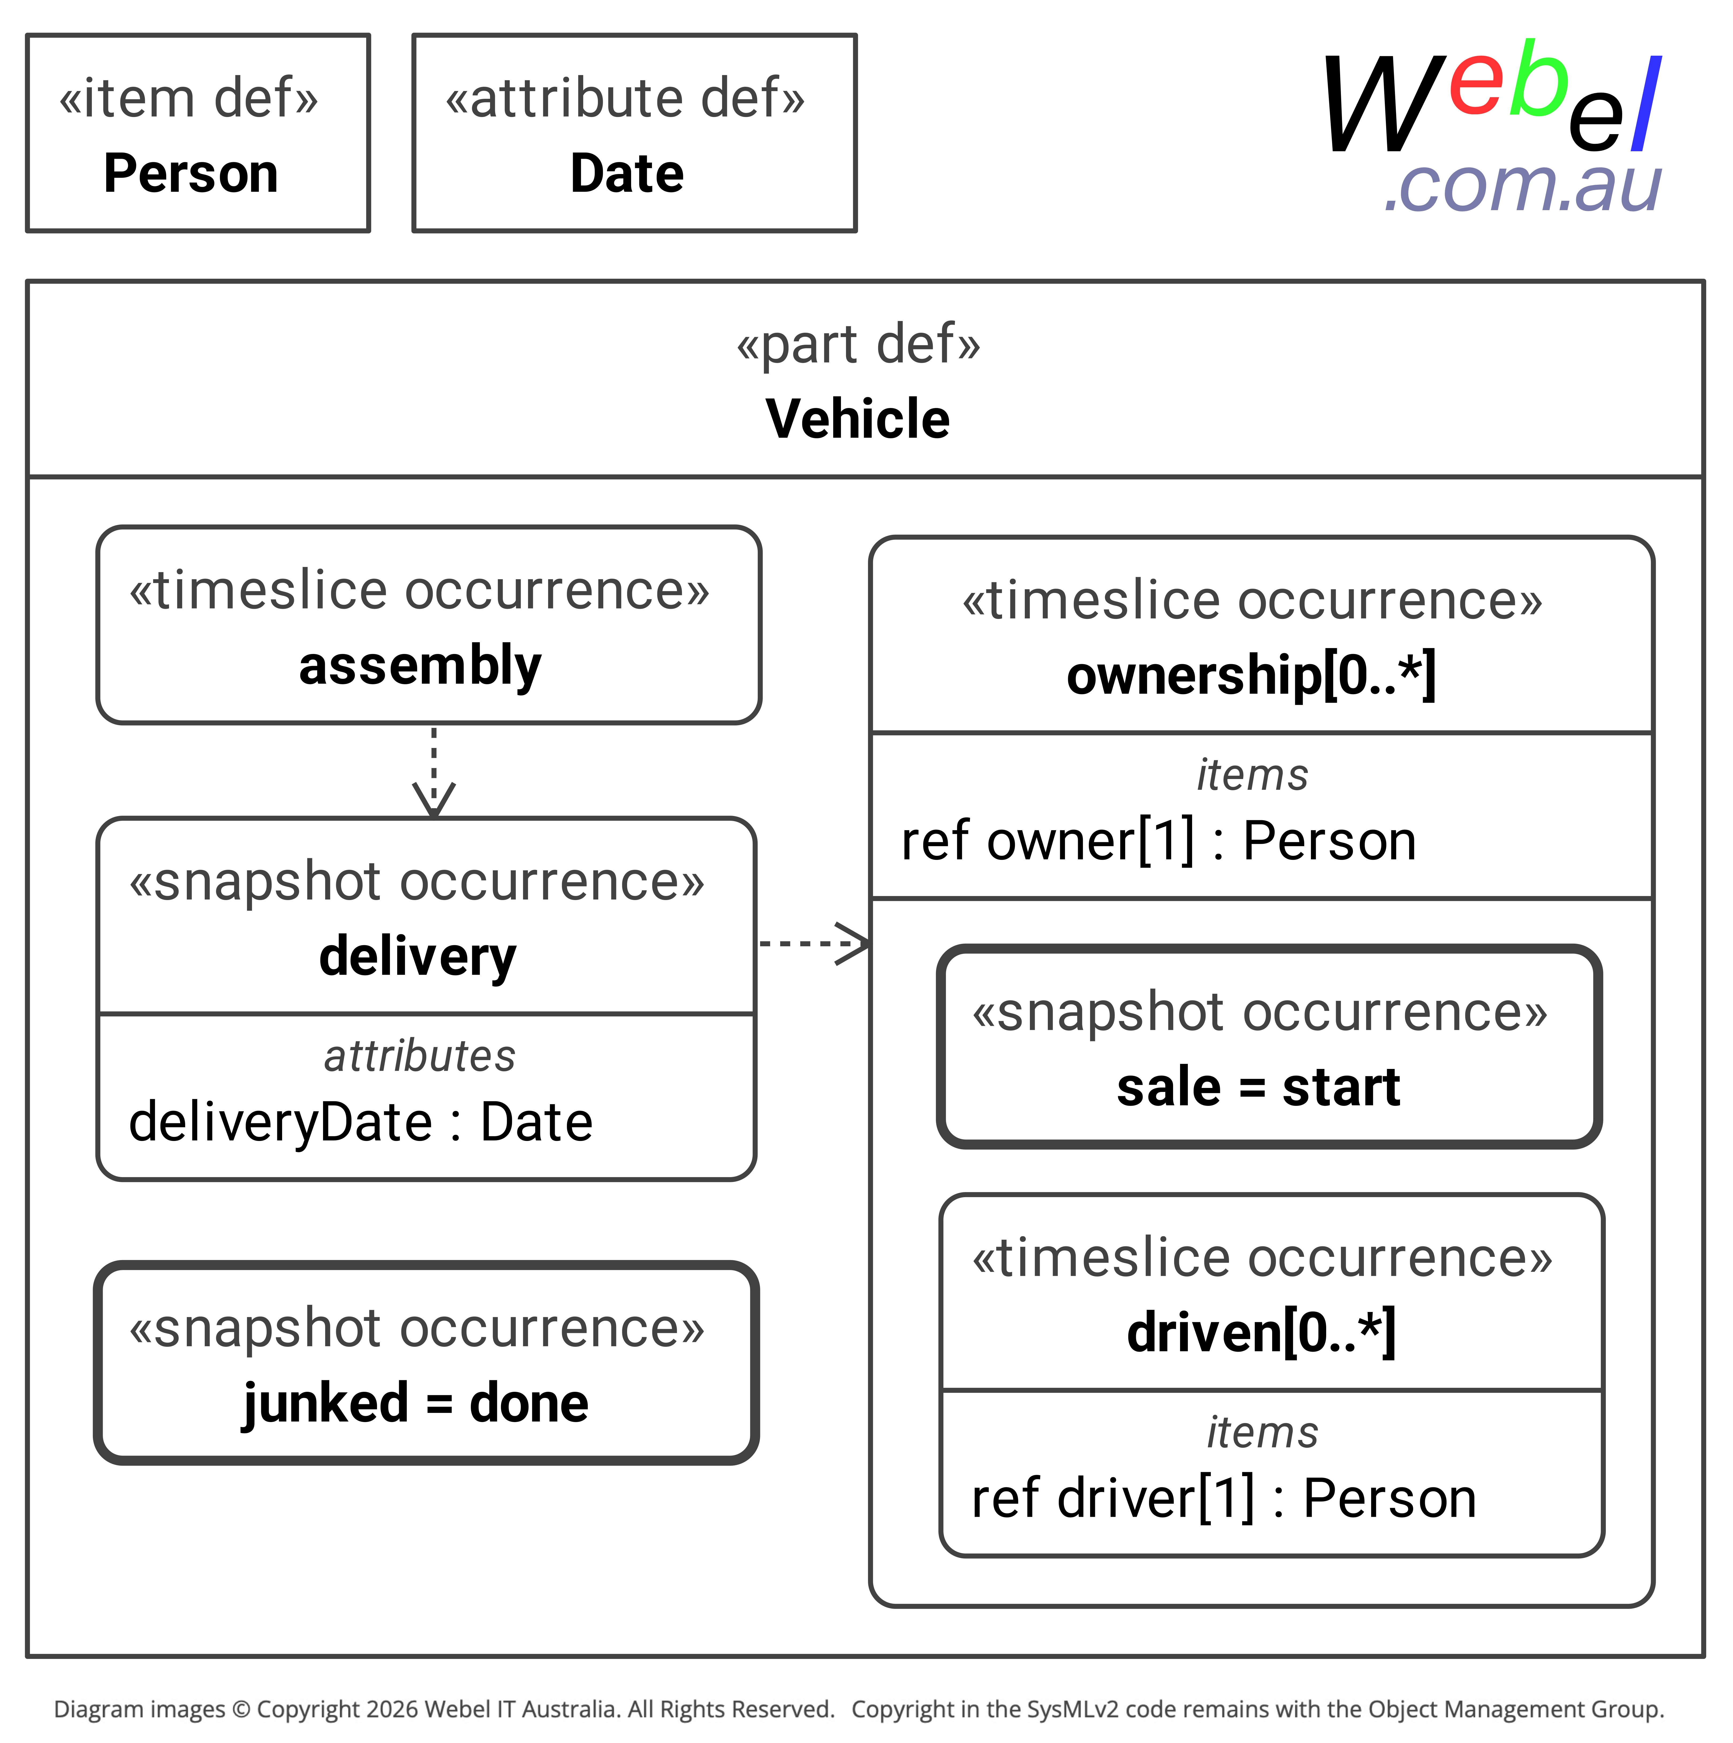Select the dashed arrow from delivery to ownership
815,944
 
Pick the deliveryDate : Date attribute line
361,1122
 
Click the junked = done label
416,1404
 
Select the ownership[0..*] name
1251,676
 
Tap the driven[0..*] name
1261,1333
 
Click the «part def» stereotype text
858,345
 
